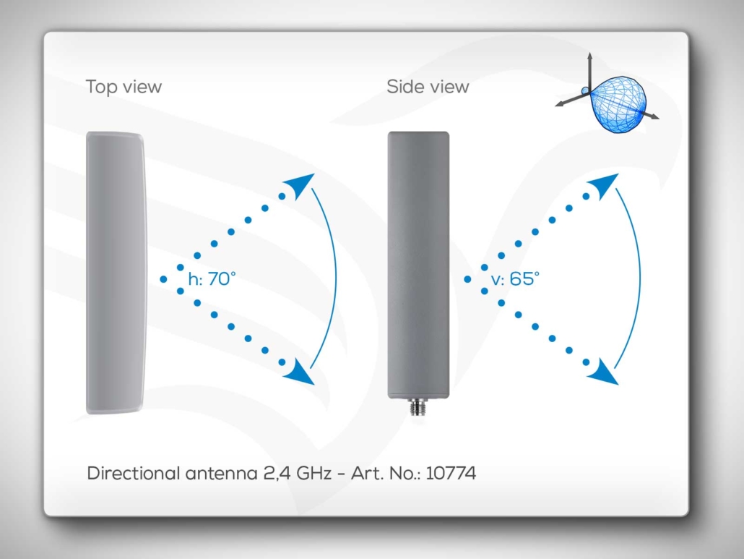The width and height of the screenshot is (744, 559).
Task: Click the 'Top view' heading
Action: [x=124, y=87]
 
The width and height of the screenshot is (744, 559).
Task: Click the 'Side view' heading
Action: [x=428, y=87]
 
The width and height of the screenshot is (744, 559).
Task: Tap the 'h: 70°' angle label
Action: [x=212, y=279]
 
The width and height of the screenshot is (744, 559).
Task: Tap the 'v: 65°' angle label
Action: [x=515, y=279]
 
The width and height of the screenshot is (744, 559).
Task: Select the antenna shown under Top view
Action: [x=116, y=273]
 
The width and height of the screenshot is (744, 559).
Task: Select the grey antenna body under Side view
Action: [x=418, y=265]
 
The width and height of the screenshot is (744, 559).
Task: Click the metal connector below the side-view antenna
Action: [x=418, y=407]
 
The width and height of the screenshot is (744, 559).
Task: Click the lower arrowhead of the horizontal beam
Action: [x=299, y=372]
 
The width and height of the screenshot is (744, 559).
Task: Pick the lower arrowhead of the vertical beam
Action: [x=603, y=372]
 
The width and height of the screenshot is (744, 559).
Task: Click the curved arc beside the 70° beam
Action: [x=336, y=278]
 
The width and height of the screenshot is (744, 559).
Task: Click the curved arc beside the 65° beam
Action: [x=640, y=278]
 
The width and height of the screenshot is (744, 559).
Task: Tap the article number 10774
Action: [x=451, y=473]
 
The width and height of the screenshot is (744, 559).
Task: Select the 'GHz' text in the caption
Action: [x=313, y=473]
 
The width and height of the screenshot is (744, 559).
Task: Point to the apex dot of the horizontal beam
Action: [x=163, y=279]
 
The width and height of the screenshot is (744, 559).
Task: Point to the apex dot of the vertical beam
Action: [x=467, y=279]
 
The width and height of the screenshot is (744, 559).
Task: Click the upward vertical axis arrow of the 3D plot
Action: [x=590, y=72]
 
